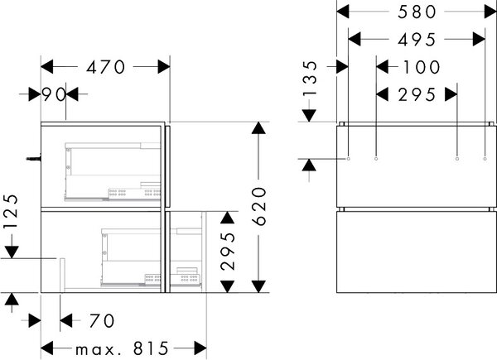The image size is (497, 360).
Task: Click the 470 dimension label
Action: (106, 67)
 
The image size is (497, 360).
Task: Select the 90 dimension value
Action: (54, 94)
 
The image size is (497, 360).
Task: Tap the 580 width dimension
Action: (417, 12)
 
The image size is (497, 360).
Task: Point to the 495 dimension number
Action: (417, 40)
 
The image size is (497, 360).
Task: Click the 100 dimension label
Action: (422, 67)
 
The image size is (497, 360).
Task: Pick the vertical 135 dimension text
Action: (309, 79)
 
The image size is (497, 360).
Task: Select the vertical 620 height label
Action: (259, 206)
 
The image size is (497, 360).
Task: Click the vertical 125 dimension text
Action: (11, 212)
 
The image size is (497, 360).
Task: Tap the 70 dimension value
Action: (101, 321)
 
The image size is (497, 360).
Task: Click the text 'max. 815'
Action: (122, 349)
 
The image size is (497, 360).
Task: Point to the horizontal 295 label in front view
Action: (417, 94)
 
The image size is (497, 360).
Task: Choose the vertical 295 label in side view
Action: (229, 252)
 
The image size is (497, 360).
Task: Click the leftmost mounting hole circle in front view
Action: (349, 158)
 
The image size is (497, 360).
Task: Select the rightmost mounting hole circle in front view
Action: (485, 158)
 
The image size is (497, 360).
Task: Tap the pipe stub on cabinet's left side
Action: (34, 158)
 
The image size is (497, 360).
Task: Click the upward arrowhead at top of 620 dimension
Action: (259, 128)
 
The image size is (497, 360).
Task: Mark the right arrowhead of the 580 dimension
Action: (490, 12)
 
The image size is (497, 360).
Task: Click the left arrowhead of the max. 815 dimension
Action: (47, 348)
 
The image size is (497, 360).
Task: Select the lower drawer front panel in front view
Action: (417, 252)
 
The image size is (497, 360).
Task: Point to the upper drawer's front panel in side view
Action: (167, 166)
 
